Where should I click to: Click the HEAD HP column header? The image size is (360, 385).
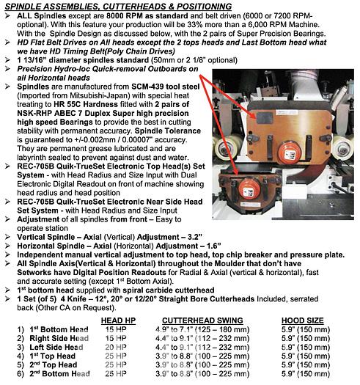(x=118, y=320)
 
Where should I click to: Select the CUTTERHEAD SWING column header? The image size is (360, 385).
(x=202, y=320)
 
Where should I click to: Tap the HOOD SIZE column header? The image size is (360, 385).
(x=302, y=320)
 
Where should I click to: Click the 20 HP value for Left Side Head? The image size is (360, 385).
(x=116, y=347)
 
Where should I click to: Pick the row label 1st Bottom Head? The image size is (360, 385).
(x=59, y=329)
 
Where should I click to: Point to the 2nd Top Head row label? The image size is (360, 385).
(x=54, y=365)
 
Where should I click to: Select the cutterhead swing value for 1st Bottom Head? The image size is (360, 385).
(x=202, y=329)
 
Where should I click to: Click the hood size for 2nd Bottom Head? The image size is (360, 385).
(x=306, y=374)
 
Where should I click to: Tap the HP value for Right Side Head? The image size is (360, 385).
(x=116, y=338)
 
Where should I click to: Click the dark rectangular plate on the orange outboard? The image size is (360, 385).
(x=265, y=118)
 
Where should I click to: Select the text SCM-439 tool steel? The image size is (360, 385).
(x=165, y=87)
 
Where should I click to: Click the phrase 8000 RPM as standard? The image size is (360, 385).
(x=147, y=16)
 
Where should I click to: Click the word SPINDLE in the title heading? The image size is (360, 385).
(x=22, y=7)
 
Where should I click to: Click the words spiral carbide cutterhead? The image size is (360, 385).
(x=169, y=290)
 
